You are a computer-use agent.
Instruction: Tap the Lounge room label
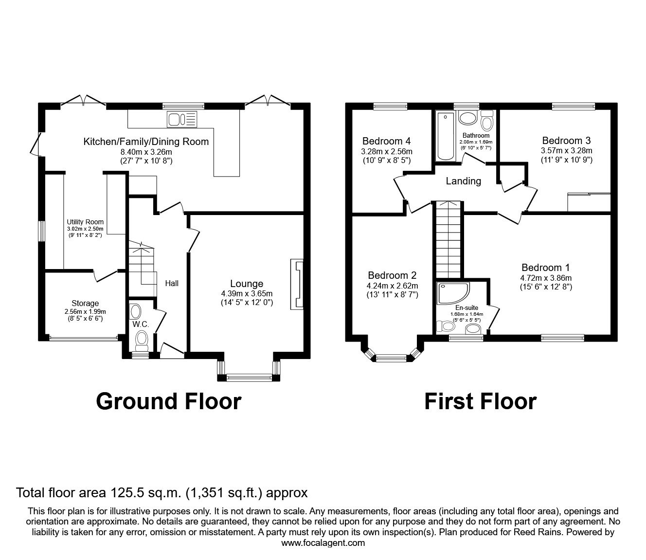[x=247, y=284]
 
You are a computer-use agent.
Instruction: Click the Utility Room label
[x=85, y=222]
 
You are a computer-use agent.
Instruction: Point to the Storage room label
[x=85, y=303]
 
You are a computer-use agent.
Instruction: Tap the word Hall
[x=172, y=283]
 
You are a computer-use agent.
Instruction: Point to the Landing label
[x=463, y=181]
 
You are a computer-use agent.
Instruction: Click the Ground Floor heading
[x=168, y=401]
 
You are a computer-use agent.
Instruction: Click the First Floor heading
[x=480, y=401]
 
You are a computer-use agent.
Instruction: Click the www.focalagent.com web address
[x=323, y=543]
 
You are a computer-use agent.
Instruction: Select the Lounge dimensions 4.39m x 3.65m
[x=247, y=293]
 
